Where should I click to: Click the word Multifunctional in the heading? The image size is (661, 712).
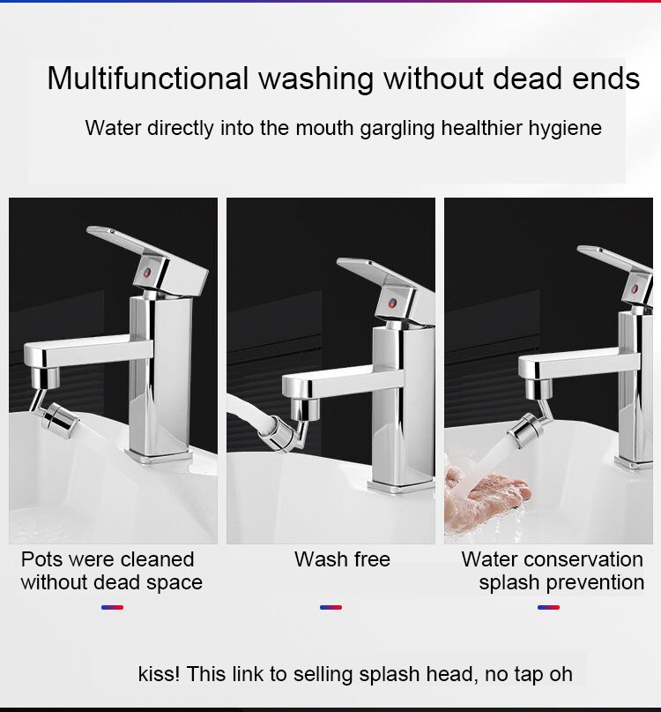point(148,79)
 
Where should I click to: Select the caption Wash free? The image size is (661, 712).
point(342,559)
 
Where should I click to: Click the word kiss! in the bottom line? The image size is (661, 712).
point(159,675)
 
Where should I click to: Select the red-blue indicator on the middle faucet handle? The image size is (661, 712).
point(391,302)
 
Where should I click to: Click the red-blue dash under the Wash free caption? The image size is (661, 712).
point(330,607)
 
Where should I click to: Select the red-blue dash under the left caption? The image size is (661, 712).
point(112,607)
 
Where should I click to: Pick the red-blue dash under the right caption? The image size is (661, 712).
point(548,607)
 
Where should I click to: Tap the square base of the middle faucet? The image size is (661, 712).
point(401,484)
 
